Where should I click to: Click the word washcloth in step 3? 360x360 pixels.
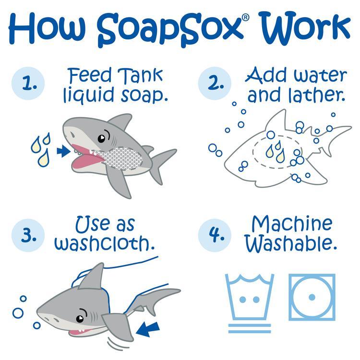coord(104,243)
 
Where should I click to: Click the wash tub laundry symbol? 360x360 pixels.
coord(249,298)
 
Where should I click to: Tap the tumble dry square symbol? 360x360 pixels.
coord(312,297)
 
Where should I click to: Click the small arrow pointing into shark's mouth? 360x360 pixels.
coord(61,151)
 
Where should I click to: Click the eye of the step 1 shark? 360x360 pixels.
coord(102,138)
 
